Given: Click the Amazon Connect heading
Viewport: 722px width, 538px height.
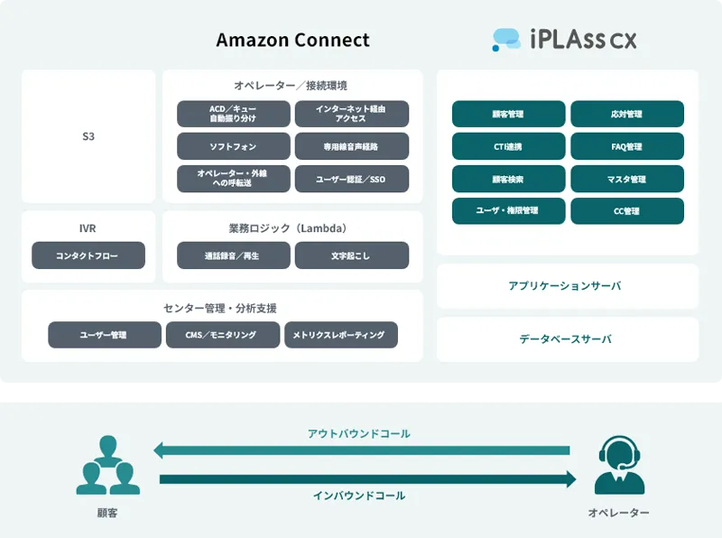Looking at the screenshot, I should tap(292, 41).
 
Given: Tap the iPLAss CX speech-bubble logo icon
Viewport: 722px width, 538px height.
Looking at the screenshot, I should tap(506, 39).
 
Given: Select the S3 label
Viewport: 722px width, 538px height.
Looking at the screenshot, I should tap(88, 137).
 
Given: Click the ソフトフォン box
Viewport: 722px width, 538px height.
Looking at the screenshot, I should tap(234, 146).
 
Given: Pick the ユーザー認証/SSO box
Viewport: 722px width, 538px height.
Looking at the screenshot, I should tap(351, 179).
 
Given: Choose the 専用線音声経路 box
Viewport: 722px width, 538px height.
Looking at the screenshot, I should tap(351, 146).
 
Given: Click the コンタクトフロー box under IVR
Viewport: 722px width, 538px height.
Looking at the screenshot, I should tap(88, 255).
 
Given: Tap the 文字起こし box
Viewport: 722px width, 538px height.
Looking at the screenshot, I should tap(351, 255).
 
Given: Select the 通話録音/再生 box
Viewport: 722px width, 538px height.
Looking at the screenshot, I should tap(234, 255).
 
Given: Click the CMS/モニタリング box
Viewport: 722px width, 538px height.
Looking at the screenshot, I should tap(223, 335).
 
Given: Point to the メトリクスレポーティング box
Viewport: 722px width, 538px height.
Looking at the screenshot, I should tap(340, 335).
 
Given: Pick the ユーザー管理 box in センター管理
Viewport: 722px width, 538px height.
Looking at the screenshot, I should tap(105, 335).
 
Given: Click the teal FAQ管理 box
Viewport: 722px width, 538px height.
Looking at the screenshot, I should tap(626, 146).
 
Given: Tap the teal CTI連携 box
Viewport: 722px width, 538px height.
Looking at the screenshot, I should tap(508, 146).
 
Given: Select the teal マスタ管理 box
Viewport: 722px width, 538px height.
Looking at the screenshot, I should tap(626, 179).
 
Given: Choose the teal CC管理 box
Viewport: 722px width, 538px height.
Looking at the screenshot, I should tap(626, 210).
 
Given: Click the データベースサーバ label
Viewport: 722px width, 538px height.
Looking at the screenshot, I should tap(567, 339).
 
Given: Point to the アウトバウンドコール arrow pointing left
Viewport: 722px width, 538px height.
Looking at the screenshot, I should tap(361, 450).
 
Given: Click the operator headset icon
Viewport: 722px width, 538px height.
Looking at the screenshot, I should tap(618, 464).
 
